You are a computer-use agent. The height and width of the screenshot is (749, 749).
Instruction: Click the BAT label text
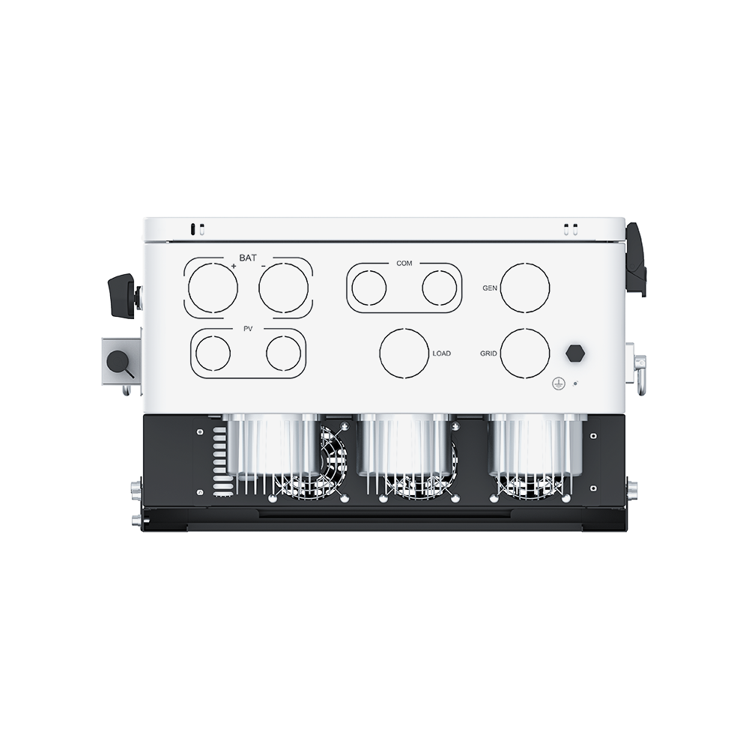[247, 258]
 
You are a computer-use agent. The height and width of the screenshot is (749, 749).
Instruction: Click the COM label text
[404, 263]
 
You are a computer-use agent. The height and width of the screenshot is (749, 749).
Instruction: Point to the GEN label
[490, 288]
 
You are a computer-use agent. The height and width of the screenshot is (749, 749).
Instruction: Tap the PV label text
[248, 329]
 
